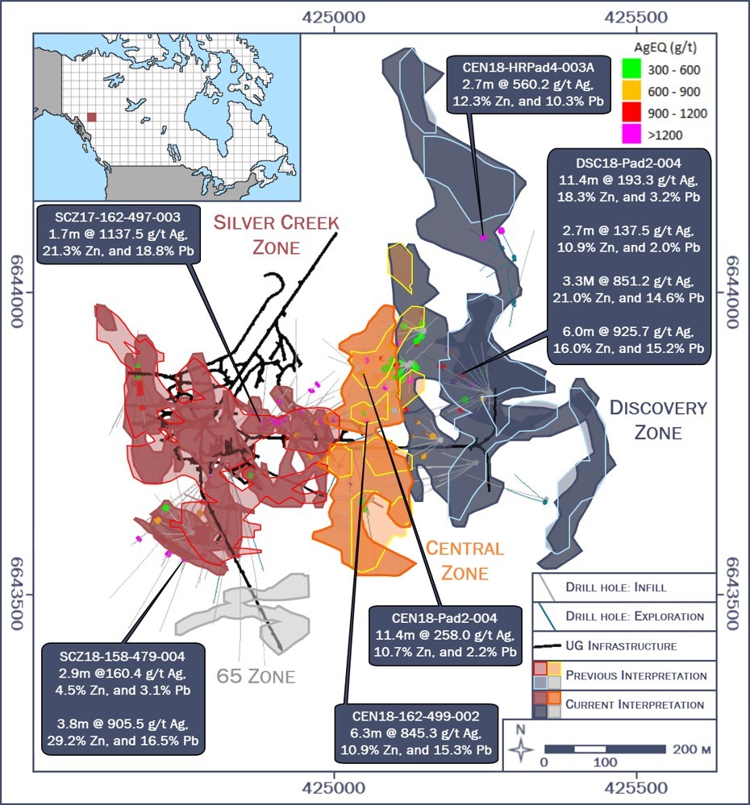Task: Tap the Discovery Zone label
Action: (x=657, y=420)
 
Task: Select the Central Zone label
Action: (x=465, y=561)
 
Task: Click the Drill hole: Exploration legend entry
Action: (x=623, y=616)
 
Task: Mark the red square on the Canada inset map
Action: (x=92, y=117)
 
